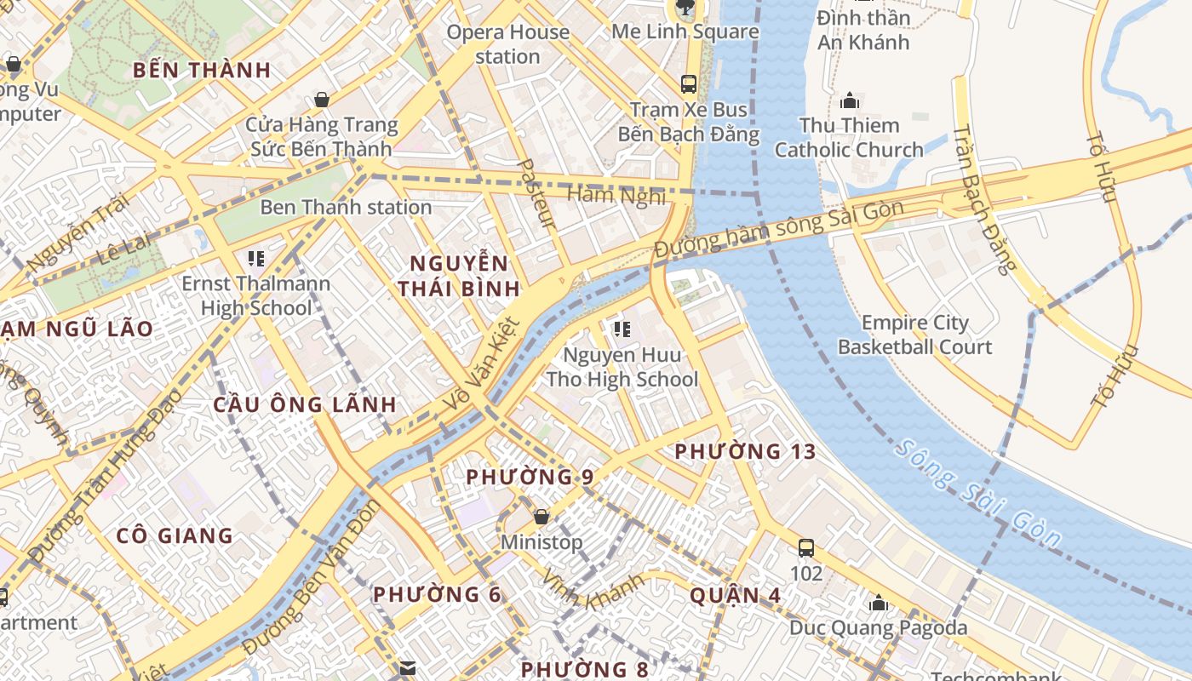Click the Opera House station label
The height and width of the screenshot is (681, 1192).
click(x=507, y=44)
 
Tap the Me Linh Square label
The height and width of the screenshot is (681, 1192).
click(x=685, y=31)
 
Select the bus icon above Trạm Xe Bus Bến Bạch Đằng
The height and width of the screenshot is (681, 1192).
click(x=689, y=84)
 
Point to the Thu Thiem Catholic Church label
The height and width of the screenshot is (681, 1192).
click(x=849, y=138)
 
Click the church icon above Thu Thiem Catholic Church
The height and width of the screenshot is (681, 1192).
click(x=849, y=101)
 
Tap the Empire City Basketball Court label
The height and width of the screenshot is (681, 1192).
click(x=914, y=335)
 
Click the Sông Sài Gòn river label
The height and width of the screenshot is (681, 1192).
click(x=979, y=494)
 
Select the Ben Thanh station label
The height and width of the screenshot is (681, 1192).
click(x=346, y=207)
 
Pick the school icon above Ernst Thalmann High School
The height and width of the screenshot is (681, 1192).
click(x=255, y=257)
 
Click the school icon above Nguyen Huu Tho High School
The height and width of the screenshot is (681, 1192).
click(x=622, y=329)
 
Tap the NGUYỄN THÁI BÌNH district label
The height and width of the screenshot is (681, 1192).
click(x=459, y=276)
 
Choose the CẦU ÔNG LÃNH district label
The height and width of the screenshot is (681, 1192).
click(x=305, y=404)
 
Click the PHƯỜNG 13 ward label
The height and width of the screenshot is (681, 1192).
click(x=745, y=452)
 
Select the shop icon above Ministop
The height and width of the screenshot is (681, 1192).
click(x=541, y=517)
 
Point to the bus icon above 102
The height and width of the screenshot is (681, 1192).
click(x=805, y=547)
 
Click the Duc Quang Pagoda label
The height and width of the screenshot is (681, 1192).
click(x=878, y=628)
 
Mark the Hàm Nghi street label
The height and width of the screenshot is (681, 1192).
click(x=616, y=195)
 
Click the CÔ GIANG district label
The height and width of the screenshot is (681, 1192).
click(x=175, y=535)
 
